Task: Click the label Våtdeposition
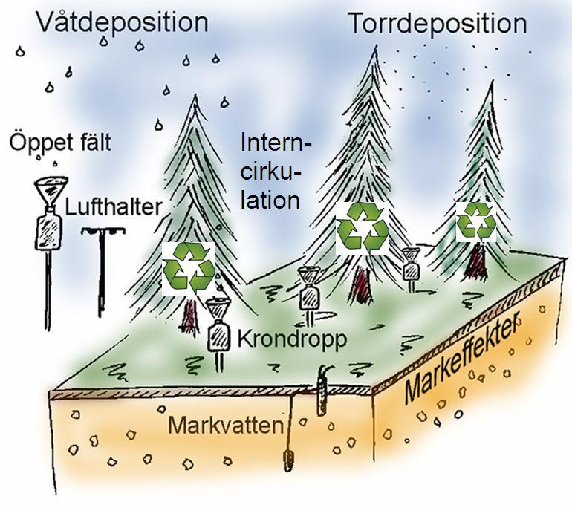point(123,22)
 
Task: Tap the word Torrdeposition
point(438,24)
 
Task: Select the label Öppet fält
point(60,143)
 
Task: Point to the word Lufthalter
point(113,207)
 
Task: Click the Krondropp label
point(292,339)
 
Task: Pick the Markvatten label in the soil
point(225,425)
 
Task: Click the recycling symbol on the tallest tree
point(363,228)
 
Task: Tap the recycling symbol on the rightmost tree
point(476,222)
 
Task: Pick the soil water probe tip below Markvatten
point(289,460)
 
